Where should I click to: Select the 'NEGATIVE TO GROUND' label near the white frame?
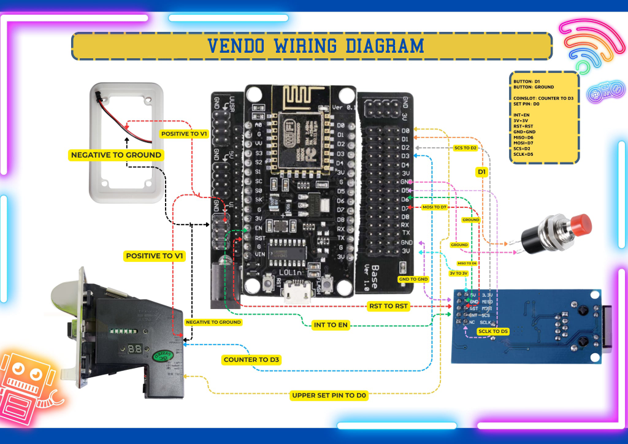point(116,155)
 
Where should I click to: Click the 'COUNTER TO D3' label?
point(252,360)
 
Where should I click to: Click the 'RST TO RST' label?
point(388,305)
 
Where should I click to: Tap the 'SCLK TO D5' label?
point(493,332)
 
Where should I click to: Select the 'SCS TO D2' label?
point(465,148)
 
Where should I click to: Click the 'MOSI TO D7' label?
point(434,207)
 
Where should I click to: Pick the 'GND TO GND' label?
point(413,279)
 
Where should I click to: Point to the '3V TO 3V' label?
point(458,273)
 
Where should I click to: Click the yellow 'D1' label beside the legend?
point(481,173)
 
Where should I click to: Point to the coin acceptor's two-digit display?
point(136,348)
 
